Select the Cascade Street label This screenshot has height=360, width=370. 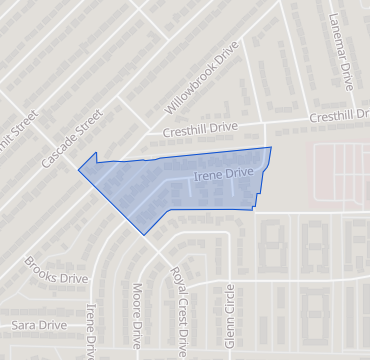coord(72,138)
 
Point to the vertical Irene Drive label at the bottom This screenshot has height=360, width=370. coord(92,330)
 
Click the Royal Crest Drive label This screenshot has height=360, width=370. coord(179,310)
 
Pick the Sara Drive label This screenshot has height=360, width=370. coord(40,325)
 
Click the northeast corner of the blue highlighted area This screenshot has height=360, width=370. coord(271,148)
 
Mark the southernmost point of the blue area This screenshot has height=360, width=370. coord(146,235)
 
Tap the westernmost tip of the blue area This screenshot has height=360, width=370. coord(79,169)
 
